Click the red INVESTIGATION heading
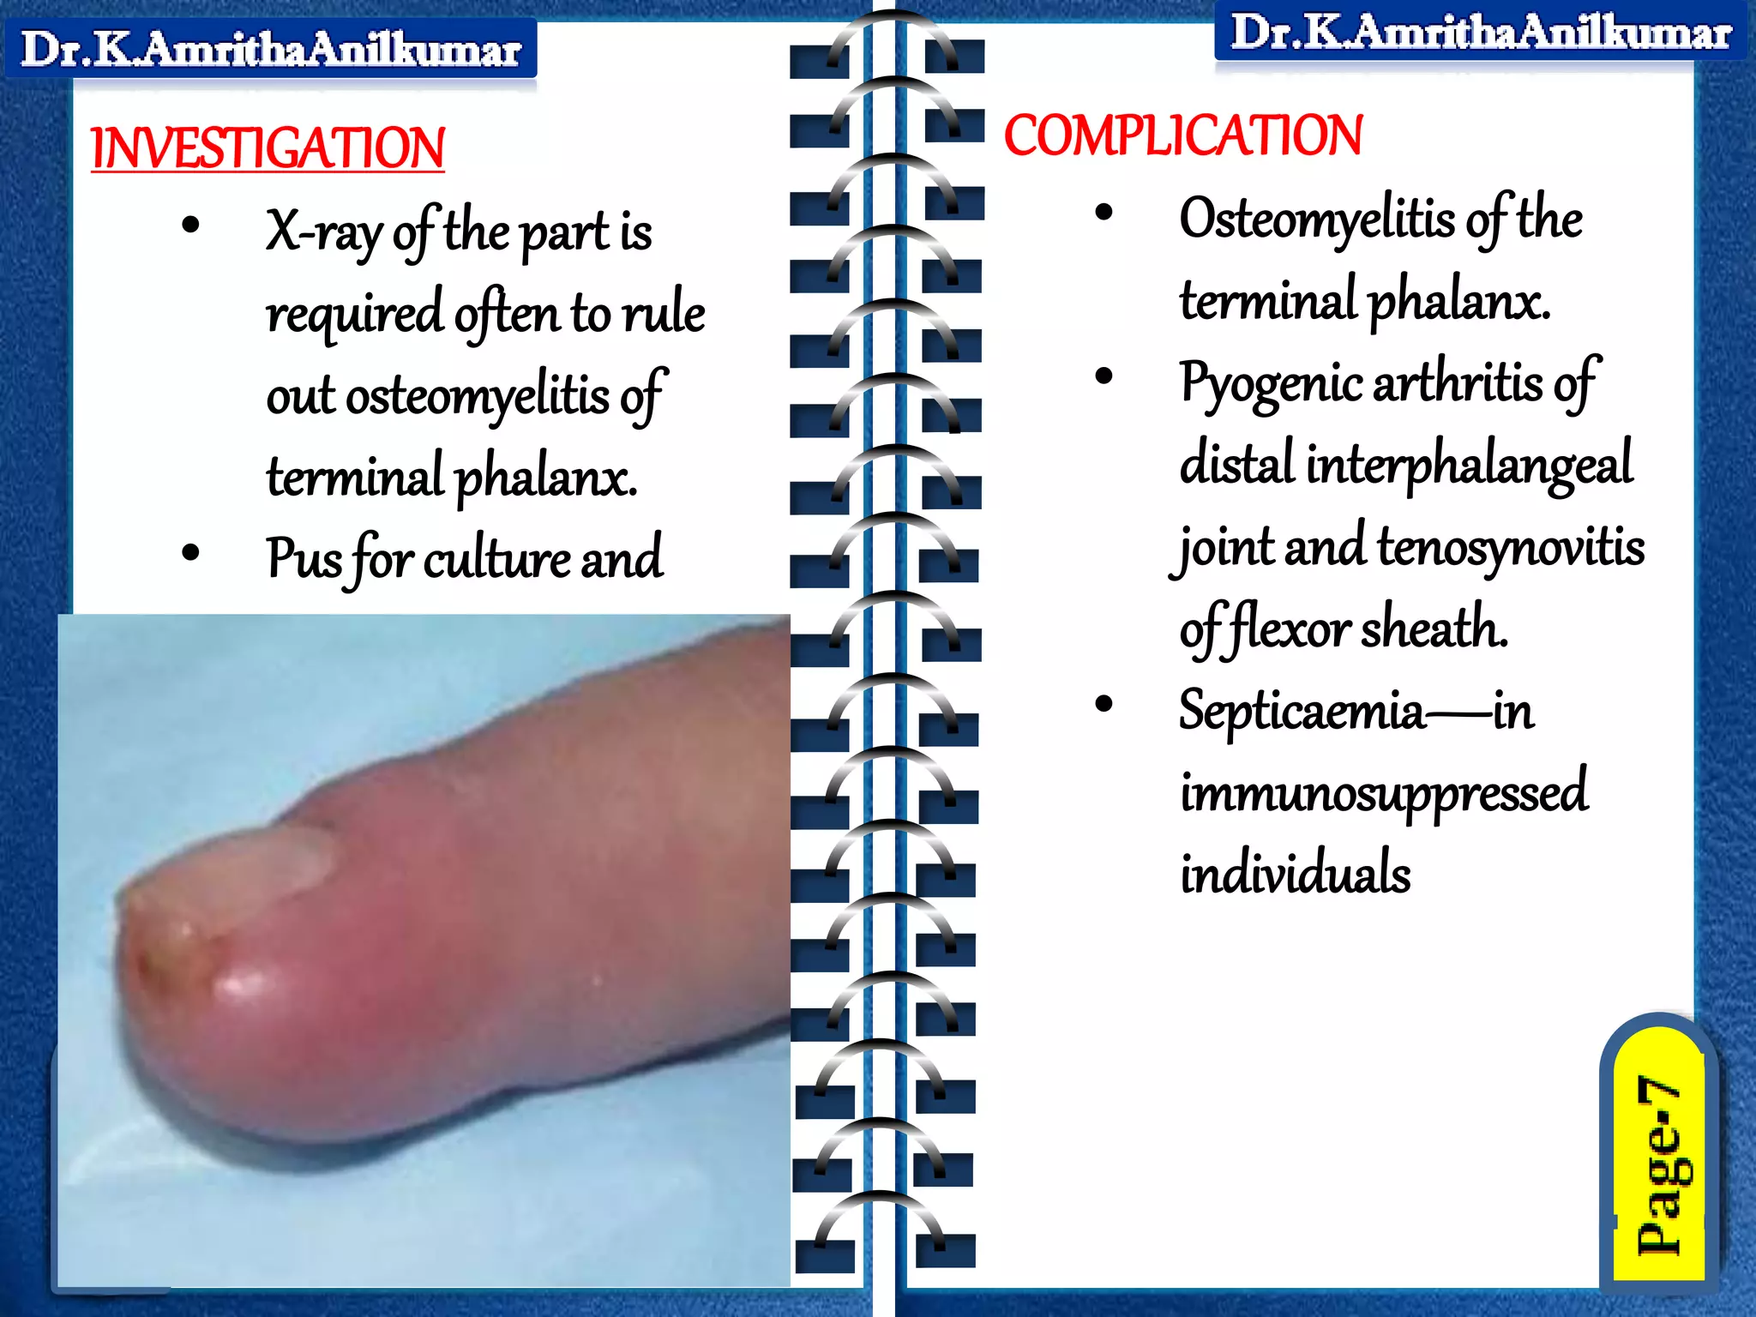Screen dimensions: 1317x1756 tap(268, 148)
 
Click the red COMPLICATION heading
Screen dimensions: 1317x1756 tap(1182, 136)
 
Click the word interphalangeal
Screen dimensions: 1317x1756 tap(1469, 464)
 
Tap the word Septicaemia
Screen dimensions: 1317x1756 tap(1301, 711)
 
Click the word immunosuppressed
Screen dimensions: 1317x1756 tap(1383, 792)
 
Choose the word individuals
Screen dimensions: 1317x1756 tap(1295, 874)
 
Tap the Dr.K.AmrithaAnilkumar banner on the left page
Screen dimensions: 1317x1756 tap(271, 49)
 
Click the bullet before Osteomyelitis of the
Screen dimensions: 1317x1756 tap(1104, 213)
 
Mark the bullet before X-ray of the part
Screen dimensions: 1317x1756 tap(190, 226)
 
